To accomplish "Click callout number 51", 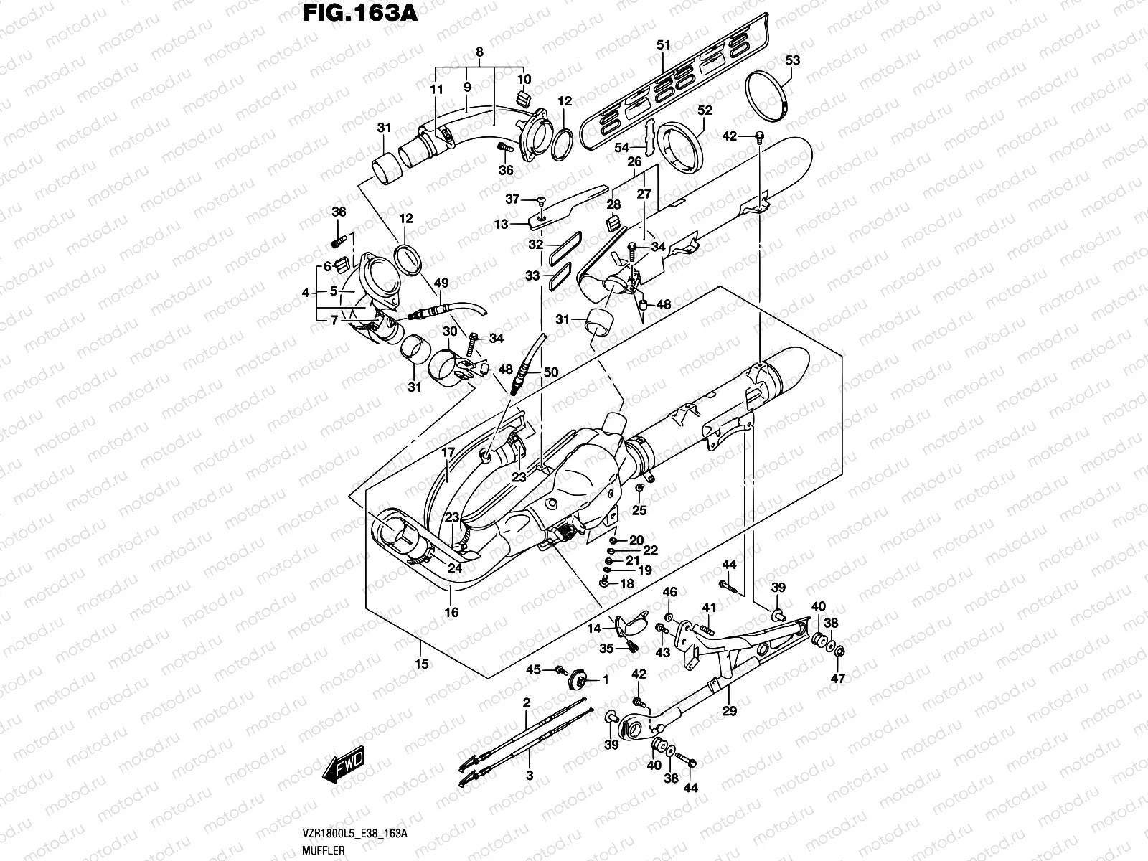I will pos(664,45).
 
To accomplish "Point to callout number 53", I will pos(792,60).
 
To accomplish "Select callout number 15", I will pos(422,664).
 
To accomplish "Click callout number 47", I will pos(838,677).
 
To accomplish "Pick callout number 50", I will pos(550,372).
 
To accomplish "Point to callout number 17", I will pos(448,453).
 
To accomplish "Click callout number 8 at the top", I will pos(479,52).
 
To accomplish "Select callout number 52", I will pos(705,110).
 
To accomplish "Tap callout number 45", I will pos(533,669).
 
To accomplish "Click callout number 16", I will pos(452,612).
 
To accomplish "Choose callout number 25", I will pos(639,510).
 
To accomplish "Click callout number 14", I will pos(594,629).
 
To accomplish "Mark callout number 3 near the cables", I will pos(530,776).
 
